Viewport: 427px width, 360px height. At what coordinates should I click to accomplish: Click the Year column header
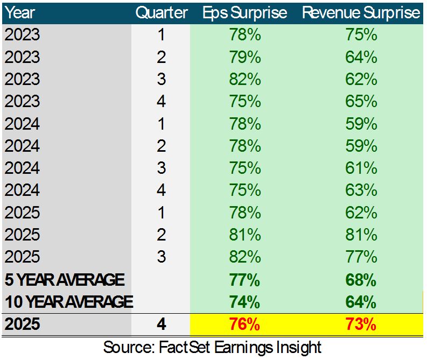point(20,12)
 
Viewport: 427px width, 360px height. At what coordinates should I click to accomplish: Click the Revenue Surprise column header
point(361,12)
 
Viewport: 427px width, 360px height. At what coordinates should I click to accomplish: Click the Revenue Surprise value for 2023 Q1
point(361,35)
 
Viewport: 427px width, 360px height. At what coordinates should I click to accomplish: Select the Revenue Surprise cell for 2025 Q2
point(361,235)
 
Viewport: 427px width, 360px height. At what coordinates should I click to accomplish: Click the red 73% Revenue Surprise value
point(361,324)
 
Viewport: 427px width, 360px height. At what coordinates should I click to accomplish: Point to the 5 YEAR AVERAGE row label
point(64,280)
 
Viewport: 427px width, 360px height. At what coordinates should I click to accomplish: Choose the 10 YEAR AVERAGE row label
point(68,302)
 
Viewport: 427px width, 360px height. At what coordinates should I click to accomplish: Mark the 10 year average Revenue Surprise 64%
point(361,302)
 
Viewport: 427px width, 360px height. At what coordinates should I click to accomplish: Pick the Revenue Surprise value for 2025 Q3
point(361,257)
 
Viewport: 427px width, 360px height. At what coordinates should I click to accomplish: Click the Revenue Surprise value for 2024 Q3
point(361,168)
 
